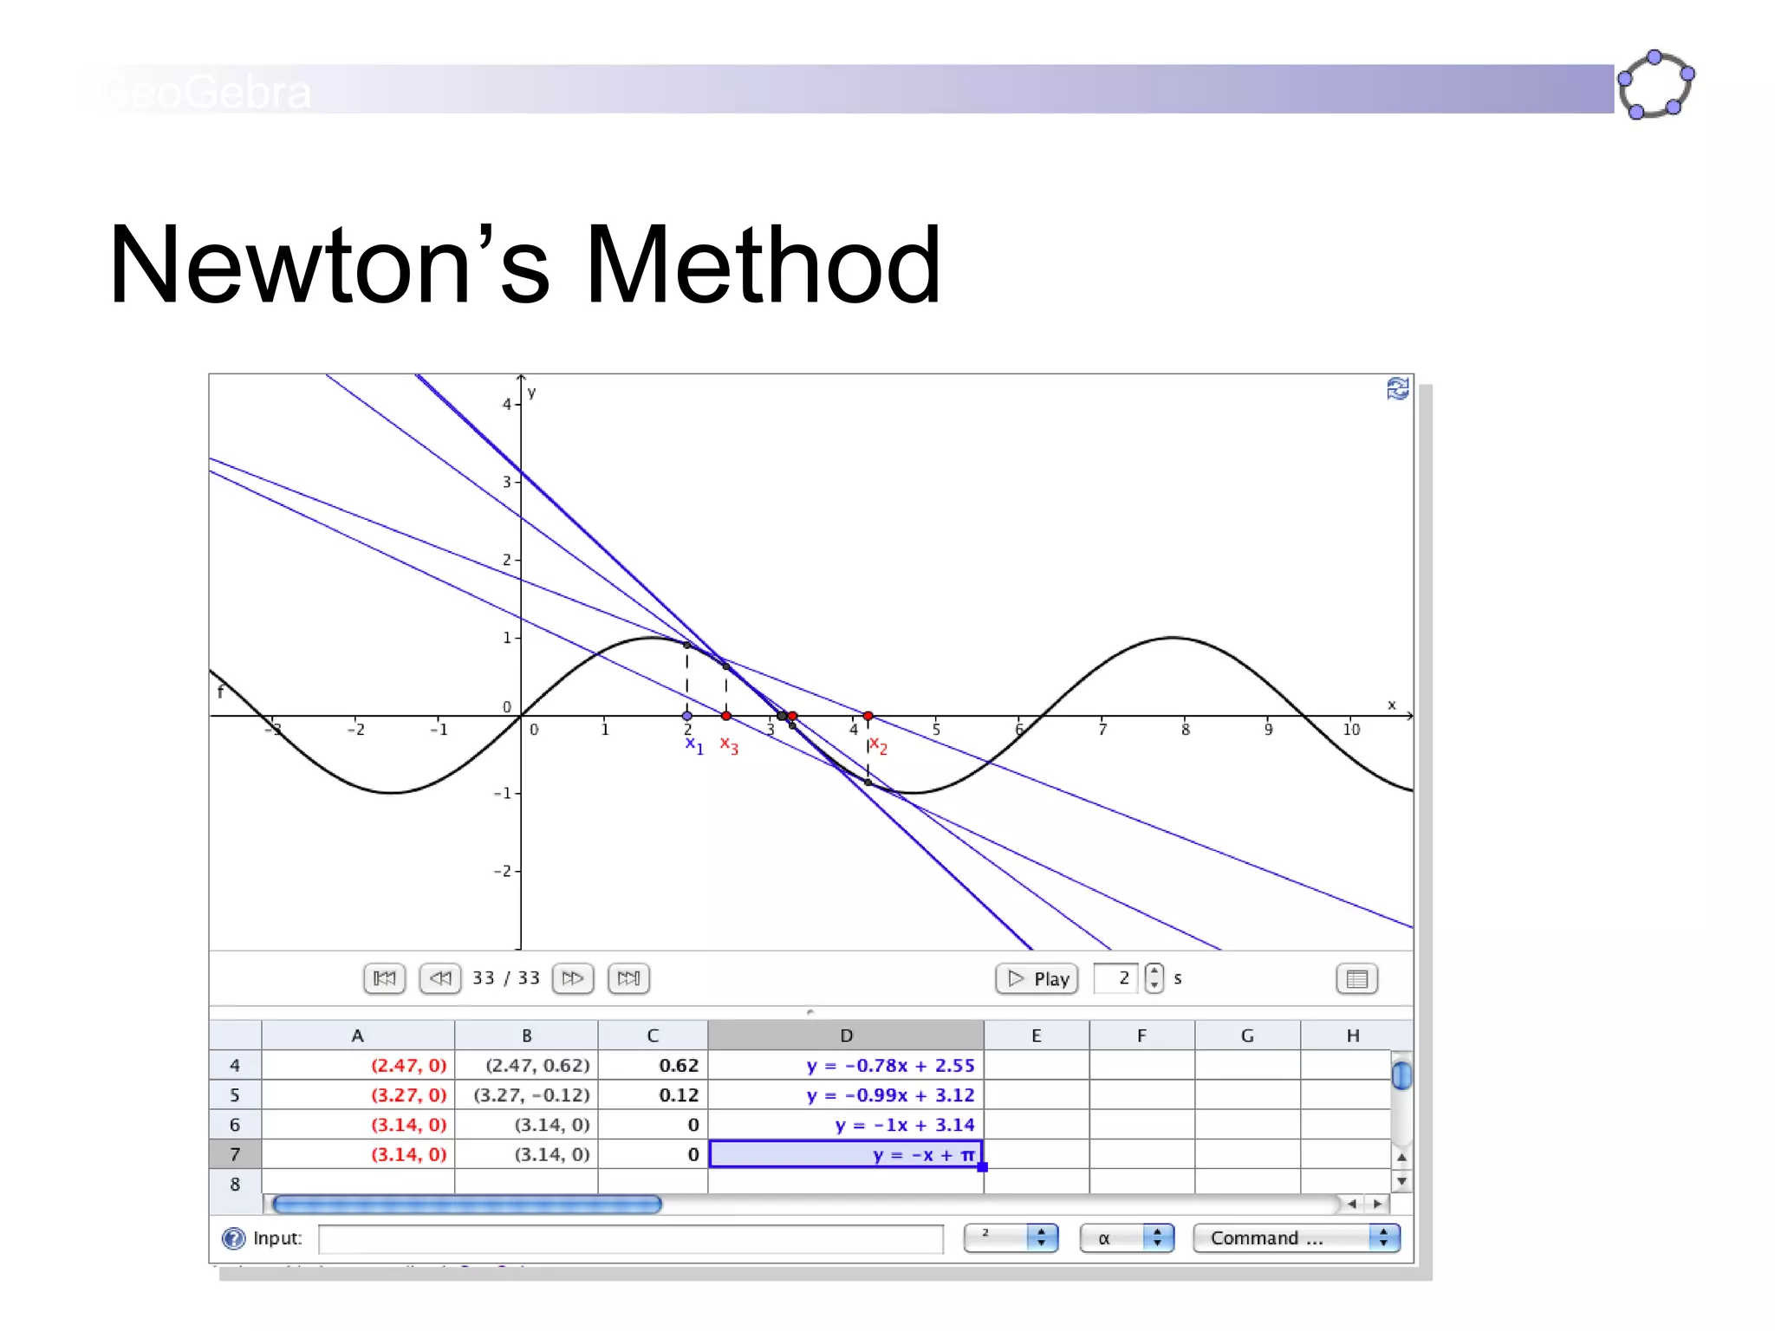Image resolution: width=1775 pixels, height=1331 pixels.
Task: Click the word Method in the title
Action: click(x=763, y=265)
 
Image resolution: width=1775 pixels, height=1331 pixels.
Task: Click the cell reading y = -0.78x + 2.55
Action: click(x=890, y=1065)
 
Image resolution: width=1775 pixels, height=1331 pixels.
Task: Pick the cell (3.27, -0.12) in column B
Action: click(x=530, y=1095)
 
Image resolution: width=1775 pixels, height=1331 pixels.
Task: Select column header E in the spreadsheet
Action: click(x=1036, y=1036)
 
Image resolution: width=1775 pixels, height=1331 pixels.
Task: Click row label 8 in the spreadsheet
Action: click(x=235, y=1184)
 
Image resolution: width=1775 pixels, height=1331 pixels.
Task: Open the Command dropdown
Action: click(x=1296, y=1238)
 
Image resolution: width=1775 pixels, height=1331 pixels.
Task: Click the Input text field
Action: click(x=630, y=1239)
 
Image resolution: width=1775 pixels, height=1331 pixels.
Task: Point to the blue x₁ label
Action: click(x=694, y=744)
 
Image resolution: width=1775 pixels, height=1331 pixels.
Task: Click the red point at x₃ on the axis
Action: click(x=726, y=716)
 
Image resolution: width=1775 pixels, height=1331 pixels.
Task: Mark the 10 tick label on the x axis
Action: click(x=1351, y=730)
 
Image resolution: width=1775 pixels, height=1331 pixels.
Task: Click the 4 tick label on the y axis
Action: click(x=507, y=404)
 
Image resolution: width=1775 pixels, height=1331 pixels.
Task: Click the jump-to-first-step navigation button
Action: click(x=384, y=978)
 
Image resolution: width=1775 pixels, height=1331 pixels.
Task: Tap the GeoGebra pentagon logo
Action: click(x=1655, y=85)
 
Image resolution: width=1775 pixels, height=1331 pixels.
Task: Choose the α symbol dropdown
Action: click(x=1126, y=1238)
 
